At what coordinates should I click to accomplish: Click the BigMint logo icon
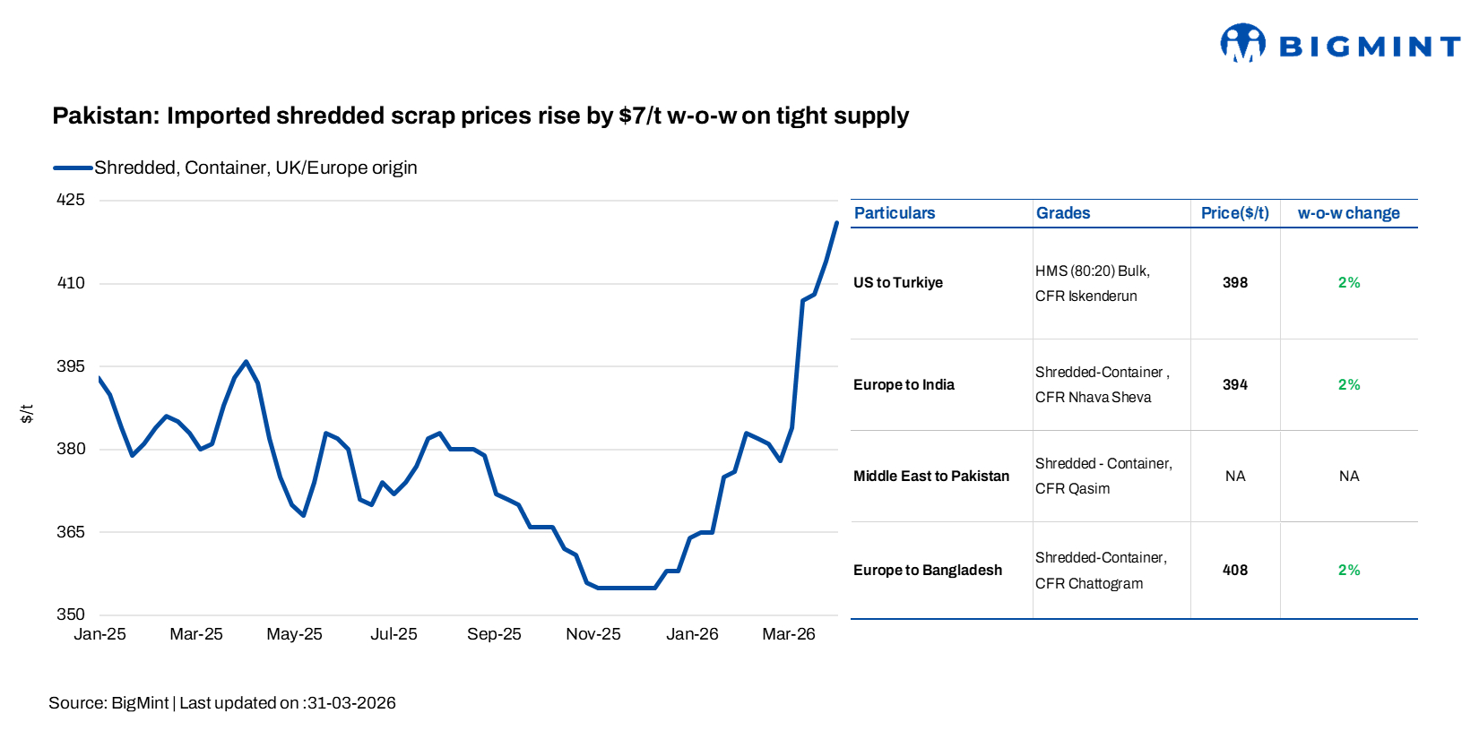[1242, 43]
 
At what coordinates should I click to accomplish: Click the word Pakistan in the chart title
[104, 116]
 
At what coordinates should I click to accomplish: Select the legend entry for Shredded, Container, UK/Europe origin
[255, 168]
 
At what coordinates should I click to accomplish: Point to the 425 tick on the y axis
[71, 200]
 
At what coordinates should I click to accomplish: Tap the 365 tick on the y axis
[71, 532]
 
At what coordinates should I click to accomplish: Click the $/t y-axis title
[27, 413]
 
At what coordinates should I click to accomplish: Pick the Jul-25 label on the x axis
[394, 634]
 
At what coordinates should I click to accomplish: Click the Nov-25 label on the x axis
[592, 634]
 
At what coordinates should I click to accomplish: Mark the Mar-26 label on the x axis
[788, 634]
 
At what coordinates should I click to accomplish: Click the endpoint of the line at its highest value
[836, 223]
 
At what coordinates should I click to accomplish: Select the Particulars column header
[894, 213]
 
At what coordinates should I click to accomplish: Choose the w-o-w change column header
[1348, 213]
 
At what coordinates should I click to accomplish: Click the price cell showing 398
[1234, 283]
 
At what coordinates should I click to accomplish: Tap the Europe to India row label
[904, 385]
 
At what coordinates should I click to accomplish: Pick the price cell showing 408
[1234, 571]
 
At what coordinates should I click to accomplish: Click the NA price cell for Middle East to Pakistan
[1234, 477]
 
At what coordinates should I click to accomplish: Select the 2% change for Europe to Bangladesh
[1348, 571]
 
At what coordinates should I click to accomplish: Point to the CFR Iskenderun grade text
[1085, 296]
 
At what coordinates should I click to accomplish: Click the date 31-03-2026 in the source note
[351, 703]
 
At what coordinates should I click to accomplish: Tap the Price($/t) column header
[1234, 213]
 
